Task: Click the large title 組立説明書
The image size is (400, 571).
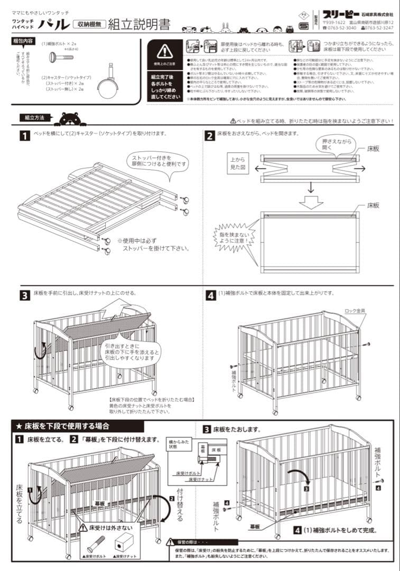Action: pos(139,24)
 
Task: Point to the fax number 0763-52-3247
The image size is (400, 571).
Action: pos(376,28)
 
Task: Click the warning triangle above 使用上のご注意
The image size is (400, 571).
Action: pos(164,51)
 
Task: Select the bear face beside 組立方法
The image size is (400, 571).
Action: pos(69,119)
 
